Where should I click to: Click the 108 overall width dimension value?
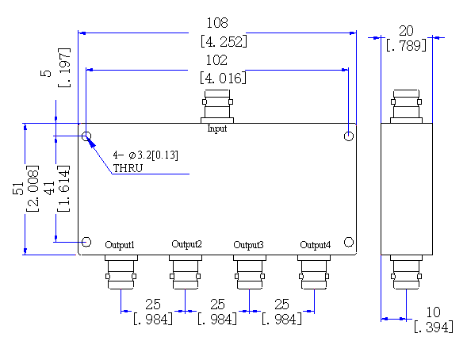[x=217, y=23]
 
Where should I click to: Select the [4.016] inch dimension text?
[x=223, y=78]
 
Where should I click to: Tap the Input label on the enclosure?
[x=217, y=128]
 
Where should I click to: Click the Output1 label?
[x=120, y=245]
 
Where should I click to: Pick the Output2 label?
[x=187, y=244]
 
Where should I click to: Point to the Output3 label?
[x=248, y=245]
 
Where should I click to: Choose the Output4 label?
[x=315, y=245]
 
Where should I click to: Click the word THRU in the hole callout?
[x=128, y=168]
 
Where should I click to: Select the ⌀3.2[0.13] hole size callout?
[x=153, y=155]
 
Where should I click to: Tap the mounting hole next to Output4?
[x=349, y=242]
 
